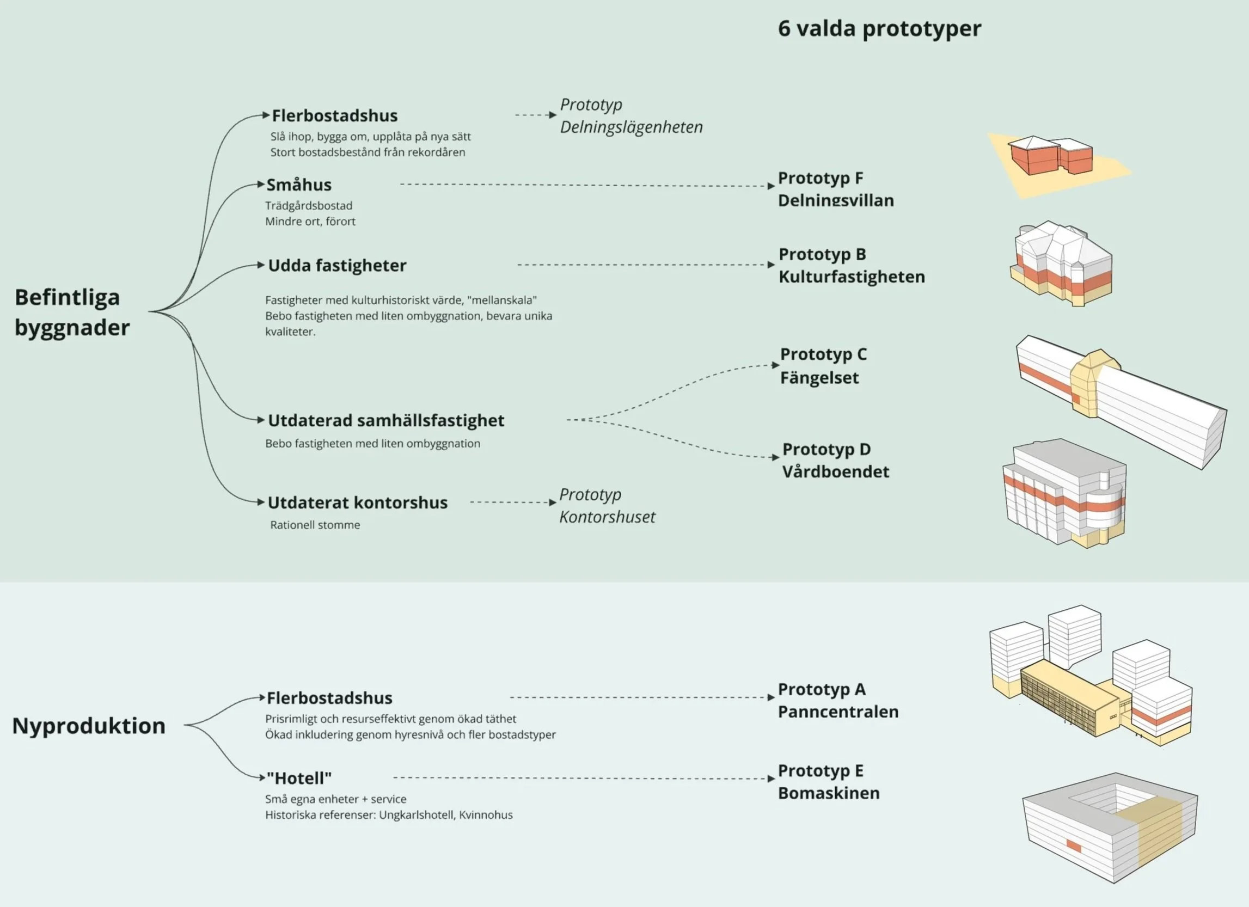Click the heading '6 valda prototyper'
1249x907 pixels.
coord(879,29)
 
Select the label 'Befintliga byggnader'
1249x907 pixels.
coord(72,312)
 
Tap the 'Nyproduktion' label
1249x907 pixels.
coord(89,726)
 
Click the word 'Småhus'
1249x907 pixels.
coord(299,185)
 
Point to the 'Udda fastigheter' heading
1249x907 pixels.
coord(337,266)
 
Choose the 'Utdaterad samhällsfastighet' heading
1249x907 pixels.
coord(386,421)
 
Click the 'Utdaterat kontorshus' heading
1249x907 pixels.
coord(357,502)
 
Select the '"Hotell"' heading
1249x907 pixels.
coord(299,778)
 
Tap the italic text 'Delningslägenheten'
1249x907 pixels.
coord(631,127)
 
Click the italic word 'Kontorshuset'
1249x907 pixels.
coord(608,517)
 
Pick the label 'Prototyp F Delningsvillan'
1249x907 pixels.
coord(835,189)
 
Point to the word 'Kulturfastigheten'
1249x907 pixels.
coord(852,277)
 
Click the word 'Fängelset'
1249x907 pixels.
coord(819,378)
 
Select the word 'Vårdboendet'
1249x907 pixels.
coord(835,472)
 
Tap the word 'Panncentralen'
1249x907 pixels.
coord(838,712)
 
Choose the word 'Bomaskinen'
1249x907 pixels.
coord(829,793)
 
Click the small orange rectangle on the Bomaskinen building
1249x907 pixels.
coord(1074,846)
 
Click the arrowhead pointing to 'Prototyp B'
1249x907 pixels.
coord(771,265)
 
